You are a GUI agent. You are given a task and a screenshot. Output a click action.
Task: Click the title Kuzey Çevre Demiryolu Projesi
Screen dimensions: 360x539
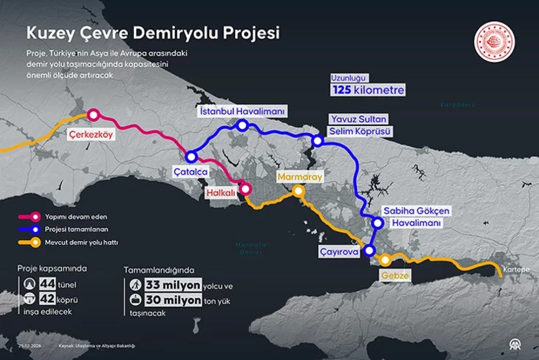[152, 32]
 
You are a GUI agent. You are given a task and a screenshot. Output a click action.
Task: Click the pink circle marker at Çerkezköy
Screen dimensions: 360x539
[93, 115]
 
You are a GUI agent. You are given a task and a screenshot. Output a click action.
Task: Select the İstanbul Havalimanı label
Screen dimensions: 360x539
[241, 112]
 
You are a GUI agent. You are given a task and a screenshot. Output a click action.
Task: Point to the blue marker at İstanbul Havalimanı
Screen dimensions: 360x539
[243, 125]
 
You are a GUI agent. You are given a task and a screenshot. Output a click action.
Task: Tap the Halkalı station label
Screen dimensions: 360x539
[220, 194]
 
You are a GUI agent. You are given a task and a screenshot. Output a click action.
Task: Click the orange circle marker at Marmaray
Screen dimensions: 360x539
[298, 191]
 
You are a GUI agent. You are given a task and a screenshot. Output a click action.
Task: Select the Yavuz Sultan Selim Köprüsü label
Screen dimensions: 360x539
[360, 125]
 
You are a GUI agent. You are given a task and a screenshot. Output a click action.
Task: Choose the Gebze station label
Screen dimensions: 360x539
[394, 276]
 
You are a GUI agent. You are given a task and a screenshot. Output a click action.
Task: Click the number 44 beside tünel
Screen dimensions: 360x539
[47, 284]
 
